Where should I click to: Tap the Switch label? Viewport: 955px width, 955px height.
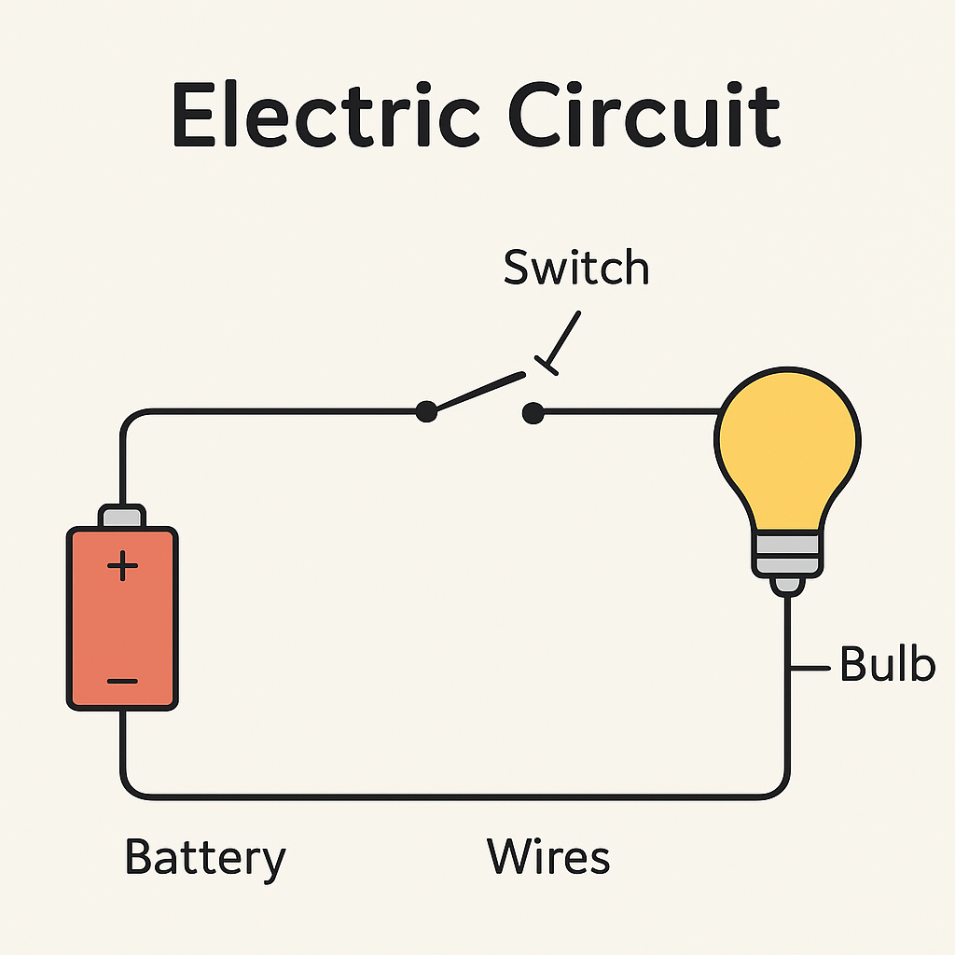[575, 268]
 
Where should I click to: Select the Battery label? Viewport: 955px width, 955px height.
[204, 859]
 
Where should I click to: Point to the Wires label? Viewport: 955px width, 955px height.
[548, 856]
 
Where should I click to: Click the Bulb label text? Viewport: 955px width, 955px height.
[887, 664]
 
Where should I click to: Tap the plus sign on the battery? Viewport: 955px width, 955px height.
[122, 566]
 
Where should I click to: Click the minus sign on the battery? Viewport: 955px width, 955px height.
[122, 681]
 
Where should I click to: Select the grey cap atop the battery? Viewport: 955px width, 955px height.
[122, 516]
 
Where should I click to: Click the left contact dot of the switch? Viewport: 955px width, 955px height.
[426, 410]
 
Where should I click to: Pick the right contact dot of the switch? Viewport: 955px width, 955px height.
[533, 410]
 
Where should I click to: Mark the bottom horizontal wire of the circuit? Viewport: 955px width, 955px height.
[448, 796]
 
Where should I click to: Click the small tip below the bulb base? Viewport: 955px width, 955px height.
[788, 585]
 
